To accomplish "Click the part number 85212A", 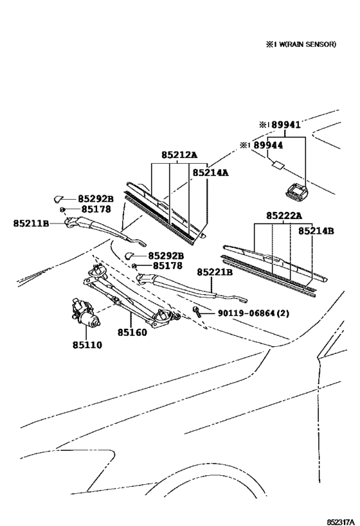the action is (179, 155).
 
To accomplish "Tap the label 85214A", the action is (210, 173).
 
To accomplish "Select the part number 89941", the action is (286, 125).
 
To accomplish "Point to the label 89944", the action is (268, 145).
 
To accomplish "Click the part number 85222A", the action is (284, 216).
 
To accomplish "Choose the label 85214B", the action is (316, 231).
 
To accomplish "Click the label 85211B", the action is (32, 223).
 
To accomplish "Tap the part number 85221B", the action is (215, 272).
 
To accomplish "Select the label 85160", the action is (132, 333).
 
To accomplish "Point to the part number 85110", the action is (87, 345).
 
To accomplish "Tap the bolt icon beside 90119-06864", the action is (197, 312).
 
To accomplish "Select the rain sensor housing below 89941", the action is (296, 191).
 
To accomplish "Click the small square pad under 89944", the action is (278, 164).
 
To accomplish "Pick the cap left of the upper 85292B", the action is (59, 199).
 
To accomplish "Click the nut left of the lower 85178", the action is (134, 266).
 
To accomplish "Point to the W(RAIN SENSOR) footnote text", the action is (301, 44).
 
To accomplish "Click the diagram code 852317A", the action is (341, 522).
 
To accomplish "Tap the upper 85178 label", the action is (96, 209).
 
